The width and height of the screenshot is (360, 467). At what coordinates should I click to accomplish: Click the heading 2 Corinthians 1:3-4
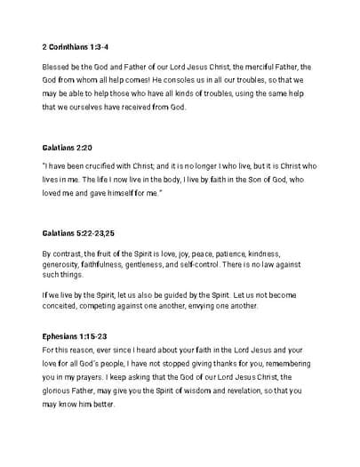point(76,44)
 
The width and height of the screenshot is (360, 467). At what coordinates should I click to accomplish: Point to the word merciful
point(254,66)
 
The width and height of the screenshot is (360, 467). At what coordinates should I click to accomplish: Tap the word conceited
point(64,308)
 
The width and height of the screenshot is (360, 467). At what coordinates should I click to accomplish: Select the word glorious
point(60,391)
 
